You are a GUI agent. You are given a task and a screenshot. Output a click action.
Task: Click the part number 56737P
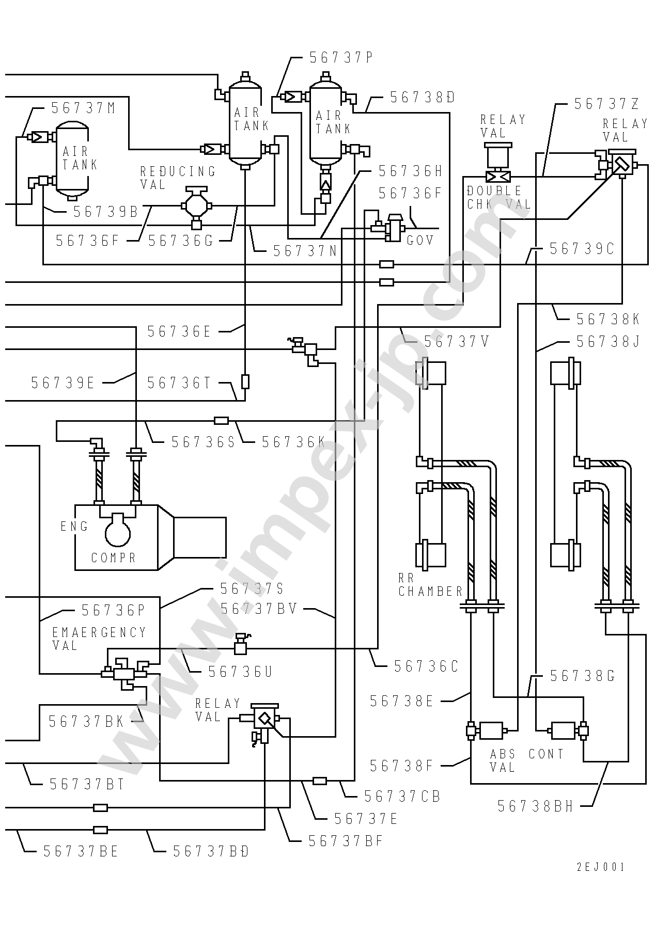pyautogui.click(x=341, y=57)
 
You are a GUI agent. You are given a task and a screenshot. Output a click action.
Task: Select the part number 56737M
pyautogui.click(x=83, y=108)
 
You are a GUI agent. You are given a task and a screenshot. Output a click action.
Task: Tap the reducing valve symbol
pyautogui.click(x=196, y=205)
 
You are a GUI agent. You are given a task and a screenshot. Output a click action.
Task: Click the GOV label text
pyautogui.click(x=420, y=240)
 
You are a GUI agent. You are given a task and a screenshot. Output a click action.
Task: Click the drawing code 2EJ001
pyautogui.click(x=600, y=867)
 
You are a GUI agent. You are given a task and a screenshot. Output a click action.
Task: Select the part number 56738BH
pyautogui.click(x=536, y=806)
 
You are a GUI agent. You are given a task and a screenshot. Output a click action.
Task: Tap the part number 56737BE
pyautogui.click(x=81, y=851)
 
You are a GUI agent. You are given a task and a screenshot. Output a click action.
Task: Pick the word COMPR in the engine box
pyautogui.click(x=114, y=558)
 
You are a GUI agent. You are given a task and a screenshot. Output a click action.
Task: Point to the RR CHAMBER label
pyautogui.click(x=430, y=585)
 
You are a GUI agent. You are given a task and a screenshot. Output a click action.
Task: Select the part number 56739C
pyautogui.click(x=582, y=249)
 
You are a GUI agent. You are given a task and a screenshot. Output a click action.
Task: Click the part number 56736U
pyautogui.click(x=240, y=671)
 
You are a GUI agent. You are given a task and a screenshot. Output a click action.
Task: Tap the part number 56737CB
pyautogui.click(x=402, y=797)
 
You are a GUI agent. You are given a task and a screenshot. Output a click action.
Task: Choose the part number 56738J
pyautogui.click(x=609, y=342)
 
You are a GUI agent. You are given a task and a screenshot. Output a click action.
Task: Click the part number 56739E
pyautogui.click(x=63, y=383)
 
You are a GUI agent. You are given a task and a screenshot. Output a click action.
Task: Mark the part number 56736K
pyautogui.click(x=293, y=442)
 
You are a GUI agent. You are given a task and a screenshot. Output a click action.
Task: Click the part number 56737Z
pyautogui.click(x=607, y=104)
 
